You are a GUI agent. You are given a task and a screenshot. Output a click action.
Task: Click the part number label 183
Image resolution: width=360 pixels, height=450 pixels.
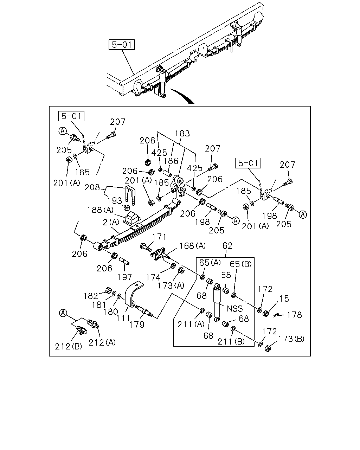pos(182,133)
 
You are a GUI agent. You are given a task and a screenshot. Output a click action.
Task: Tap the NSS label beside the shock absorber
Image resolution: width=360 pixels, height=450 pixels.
pos(235,309)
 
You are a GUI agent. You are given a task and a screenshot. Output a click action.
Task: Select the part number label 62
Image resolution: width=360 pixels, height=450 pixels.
pos(227,246)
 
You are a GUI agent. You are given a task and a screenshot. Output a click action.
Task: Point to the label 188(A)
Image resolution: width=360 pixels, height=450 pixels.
pos(100,210)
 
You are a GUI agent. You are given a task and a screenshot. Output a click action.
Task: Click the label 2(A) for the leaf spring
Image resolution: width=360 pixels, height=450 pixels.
pos(111,222)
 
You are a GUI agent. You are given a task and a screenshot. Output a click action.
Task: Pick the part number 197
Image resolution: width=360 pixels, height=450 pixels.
pos(124,277)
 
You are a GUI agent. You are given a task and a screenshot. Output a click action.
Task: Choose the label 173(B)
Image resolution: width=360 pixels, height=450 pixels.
pos(291,339)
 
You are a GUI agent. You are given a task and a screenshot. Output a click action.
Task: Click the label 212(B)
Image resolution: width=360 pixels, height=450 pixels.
pos(69,347)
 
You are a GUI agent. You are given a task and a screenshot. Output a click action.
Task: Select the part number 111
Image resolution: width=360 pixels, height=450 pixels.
pos(123,318)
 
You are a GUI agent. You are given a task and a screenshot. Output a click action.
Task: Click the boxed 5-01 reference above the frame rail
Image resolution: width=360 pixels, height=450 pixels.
pos(122,45)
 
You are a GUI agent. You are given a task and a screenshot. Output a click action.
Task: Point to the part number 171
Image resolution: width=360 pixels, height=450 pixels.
pos(159,237)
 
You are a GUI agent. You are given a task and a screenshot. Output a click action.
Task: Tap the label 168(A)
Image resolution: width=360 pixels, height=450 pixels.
pos(192,246)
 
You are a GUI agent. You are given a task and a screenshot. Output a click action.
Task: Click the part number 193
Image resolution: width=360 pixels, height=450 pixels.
pos(114,201)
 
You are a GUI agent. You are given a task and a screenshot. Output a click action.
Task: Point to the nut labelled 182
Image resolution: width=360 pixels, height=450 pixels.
pos(108,290)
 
